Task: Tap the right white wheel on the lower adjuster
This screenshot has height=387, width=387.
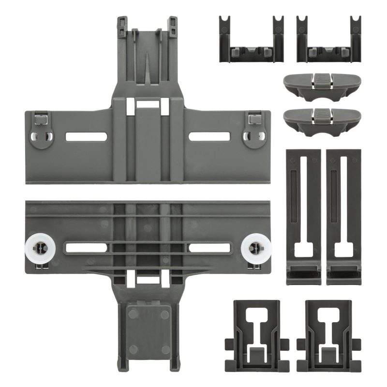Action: pos(253,248)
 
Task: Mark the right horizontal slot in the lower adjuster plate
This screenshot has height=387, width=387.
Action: pos(209,248)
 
